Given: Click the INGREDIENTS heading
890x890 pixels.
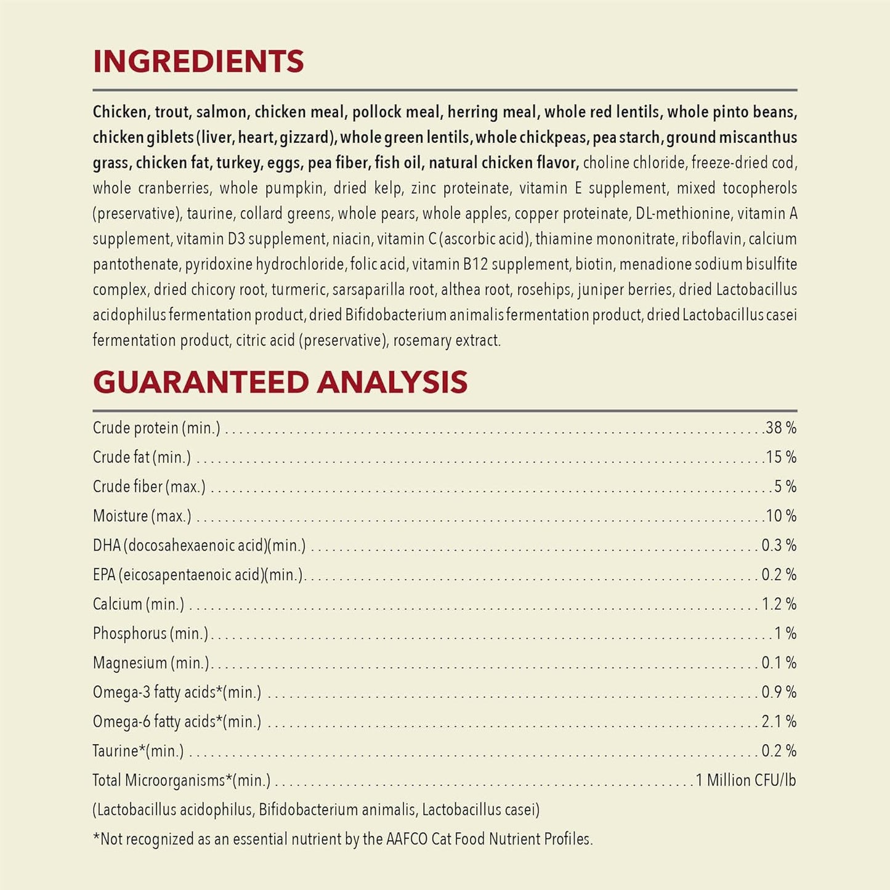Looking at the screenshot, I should point(198,62).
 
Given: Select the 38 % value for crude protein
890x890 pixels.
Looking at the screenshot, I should point(781,427).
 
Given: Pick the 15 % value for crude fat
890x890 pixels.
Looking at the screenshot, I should point(781,457).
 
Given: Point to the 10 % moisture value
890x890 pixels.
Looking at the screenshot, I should point(781,516).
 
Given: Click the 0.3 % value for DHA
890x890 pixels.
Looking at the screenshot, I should point(779,545).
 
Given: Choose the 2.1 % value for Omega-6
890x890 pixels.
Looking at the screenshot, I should point(779,721).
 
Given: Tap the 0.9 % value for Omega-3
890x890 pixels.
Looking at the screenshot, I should point(779,692).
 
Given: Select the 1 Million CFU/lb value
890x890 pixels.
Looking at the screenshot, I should point(746,780).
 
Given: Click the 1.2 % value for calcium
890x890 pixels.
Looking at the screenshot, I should point(779,604).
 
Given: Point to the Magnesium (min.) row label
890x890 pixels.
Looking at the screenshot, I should point(151,663).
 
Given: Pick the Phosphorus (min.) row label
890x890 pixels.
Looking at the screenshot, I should point(150,633).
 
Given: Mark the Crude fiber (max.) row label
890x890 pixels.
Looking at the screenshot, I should point(149,487).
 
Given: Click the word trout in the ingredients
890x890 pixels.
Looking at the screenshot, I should point(172,112).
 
